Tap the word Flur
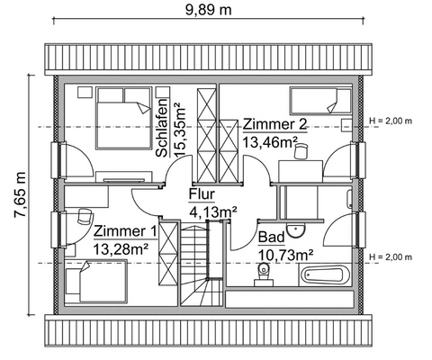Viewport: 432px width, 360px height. (202, 194)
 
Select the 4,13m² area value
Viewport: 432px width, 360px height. (212, 211)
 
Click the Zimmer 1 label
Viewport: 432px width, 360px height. (125, 230)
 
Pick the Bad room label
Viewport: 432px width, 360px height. (271, 238)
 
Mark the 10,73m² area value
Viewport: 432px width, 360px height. (285, 255)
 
